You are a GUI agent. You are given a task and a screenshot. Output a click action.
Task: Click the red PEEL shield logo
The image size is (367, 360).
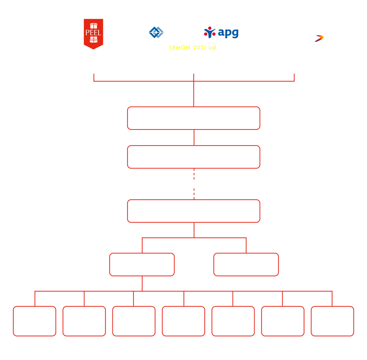tap(94, 34)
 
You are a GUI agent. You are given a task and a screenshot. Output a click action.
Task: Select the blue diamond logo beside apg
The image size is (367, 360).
tap(156, 32)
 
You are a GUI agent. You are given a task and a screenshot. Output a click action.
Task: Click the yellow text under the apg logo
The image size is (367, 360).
tap(193, 47)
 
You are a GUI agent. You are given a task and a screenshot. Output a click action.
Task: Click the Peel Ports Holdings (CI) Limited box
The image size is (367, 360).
tap(194, 118)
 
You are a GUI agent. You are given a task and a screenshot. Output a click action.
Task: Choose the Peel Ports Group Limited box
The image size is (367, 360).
tap(194, 157)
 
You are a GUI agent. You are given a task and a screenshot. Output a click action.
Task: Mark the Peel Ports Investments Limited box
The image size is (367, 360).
tap(194, 211)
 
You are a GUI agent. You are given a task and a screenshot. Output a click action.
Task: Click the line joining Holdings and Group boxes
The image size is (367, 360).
tap(194, 138)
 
